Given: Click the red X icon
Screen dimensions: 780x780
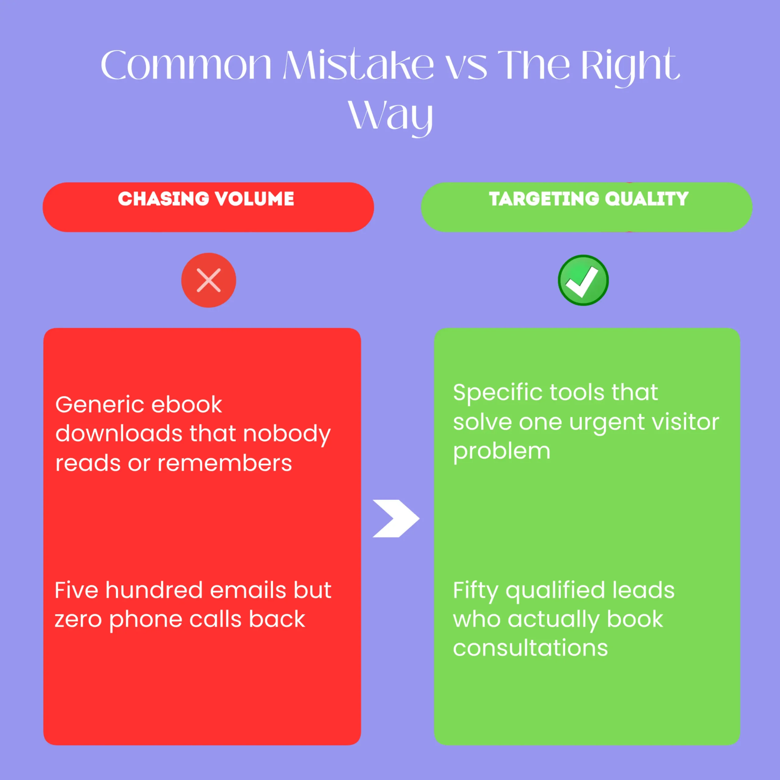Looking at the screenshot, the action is pos(208,280).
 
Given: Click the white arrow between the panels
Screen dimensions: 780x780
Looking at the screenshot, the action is pos(396,518).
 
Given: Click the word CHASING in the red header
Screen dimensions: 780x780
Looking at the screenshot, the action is pos(164,199).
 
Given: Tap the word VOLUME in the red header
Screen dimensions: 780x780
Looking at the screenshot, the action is pos(254,199).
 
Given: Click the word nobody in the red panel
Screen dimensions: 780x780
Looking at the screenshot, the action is pos(287,434).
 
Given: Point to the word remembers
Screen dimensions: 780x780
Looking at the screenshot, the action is pos(225,463).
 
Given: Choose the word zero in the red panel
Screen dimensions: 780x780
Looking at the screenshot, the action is pos(78,620).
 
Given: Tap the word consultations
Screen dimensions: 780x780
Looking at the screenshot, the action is pos(530,648).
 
